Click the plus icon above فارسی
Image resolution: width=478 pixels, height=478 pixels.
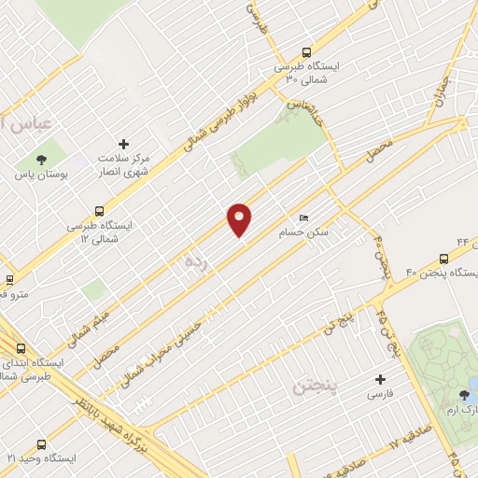pyautogui.click(x=379, y=379)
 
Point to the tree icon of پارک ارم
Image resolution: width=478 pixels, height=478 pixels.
pyautogui.click(x=464, y=396)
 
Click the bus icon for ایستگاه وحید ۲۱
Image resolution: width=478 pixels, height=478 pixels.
pyautogui.click(x=40, y=444)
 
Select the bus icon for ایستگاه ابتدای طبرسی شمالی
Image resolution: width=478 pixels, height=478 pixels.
pyautogui.click(x=21, y=347)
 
